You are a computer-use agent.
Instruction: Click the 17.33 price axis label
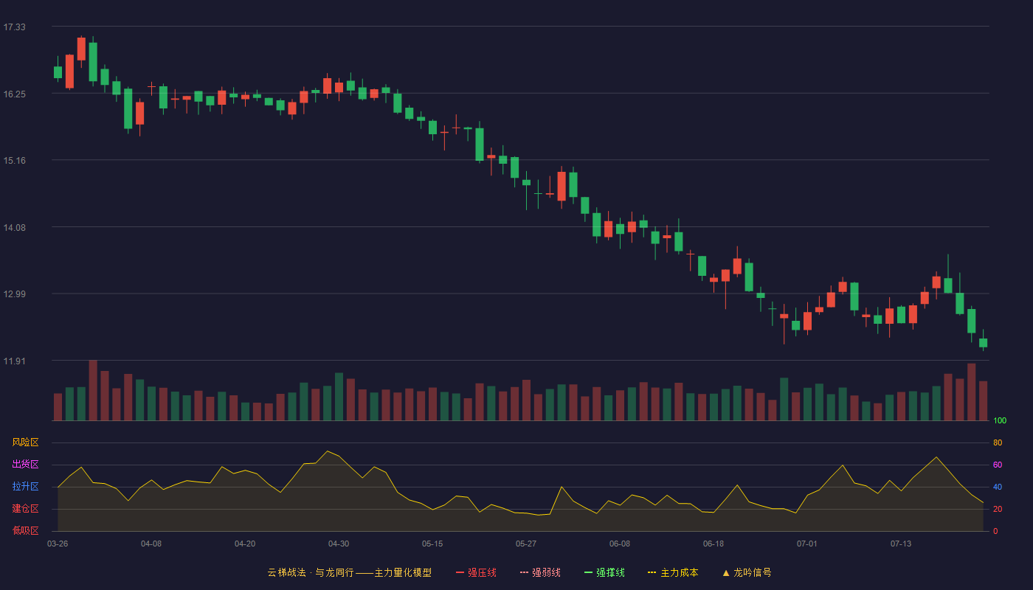tap(14, 27)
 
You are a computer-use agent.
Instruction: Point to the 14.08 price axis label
tap(14, 228)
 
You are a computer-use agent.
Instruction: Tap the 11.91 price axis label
tap(14, 361)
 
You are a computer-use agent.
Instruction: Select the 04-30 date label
tap(339, 544)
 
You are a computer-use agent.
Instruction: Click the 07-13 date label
tap(901, 544)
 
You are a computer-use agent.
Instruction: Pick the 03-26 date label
tap(58, 544)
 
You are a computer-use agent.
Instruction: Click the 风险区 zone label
tap(25, 442)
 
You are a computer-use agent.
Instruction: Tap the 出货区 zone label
tap(25, 465)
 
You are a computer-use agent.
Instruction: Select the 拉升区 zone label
tap(25, 487)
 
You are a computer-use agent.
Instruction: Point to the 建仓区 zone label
tap(25, 509)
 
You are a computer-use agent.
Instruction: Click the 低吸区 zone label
tap(25, 531)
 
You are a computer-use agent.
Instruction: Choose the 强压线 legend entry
tap(476, 573)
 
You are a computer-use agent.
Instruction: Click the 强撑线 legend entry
tap(604, 573)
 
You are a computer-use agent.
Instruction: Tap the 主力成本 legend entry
tap(673, 573)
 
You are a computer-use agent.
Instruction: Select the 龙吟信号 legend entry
tap(747, 573)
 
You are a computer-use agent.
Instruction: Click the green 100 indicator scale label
tap(1000, 421)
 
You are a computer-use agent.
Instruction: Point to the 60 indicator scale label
tap(998, 465)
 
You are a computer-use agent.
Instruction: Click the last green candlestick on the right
tap(983, 342)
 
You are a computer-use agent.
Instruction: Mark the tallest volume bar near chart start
tap(93, 390)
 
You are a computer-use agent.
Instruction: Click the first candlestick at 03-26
tap(58, 72)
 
